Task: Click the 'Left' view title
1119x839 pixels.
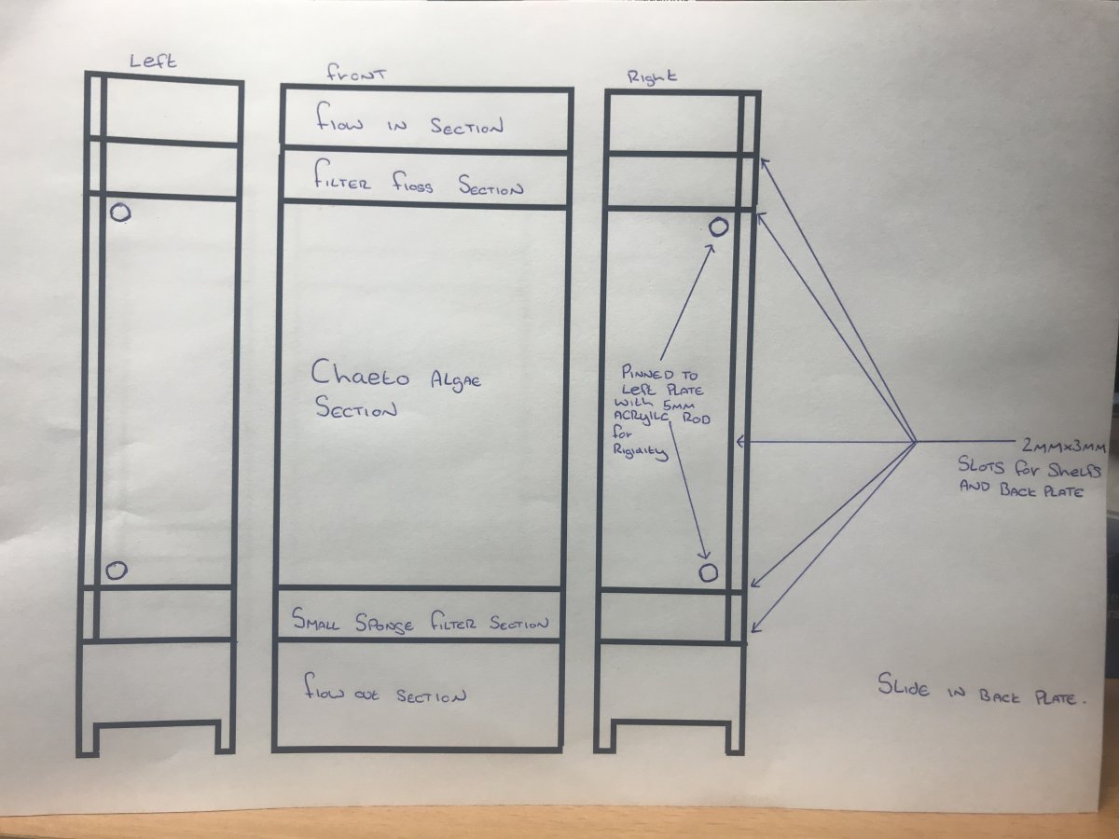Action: [153, 62]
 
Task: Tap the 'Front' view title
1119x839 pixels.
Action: [356, 75]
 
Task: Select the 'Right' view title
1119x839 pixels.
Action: [652, 77]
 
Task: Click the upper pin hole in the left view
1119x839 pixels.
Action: [121, 213]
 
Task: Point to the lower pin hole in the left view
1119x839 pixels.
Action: [117, 570]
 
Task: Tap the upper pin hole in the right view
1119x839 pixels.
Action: [719, 227]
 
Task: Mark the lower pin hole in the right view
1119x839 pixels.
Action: [708, 573]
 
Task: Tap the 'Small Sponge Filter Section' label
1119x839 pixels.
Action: [420, 621]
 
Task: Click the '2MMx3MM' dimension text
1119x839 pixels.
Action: [1064, 447]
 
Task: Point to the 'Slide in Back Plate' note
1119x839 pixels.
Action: [982, 689]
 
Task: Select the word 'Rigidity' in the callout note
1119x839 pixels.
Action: [640, 452]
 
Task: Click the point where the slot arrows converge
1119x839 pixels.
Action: [916, 442]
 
